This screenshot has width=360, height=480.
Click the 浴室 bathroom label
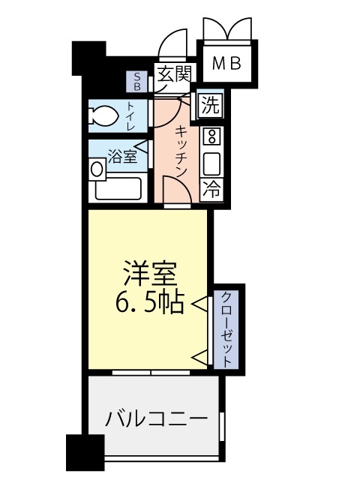coord(121,157)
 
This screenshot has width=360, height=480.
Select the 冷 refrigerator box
coord(211,189)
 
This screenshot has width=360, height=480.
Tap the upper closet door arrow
coord(200,304)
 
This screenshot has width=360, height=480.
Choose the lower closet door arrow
coord(200,356)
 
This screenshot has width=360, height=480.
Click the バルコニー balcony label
coord(155,418)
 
